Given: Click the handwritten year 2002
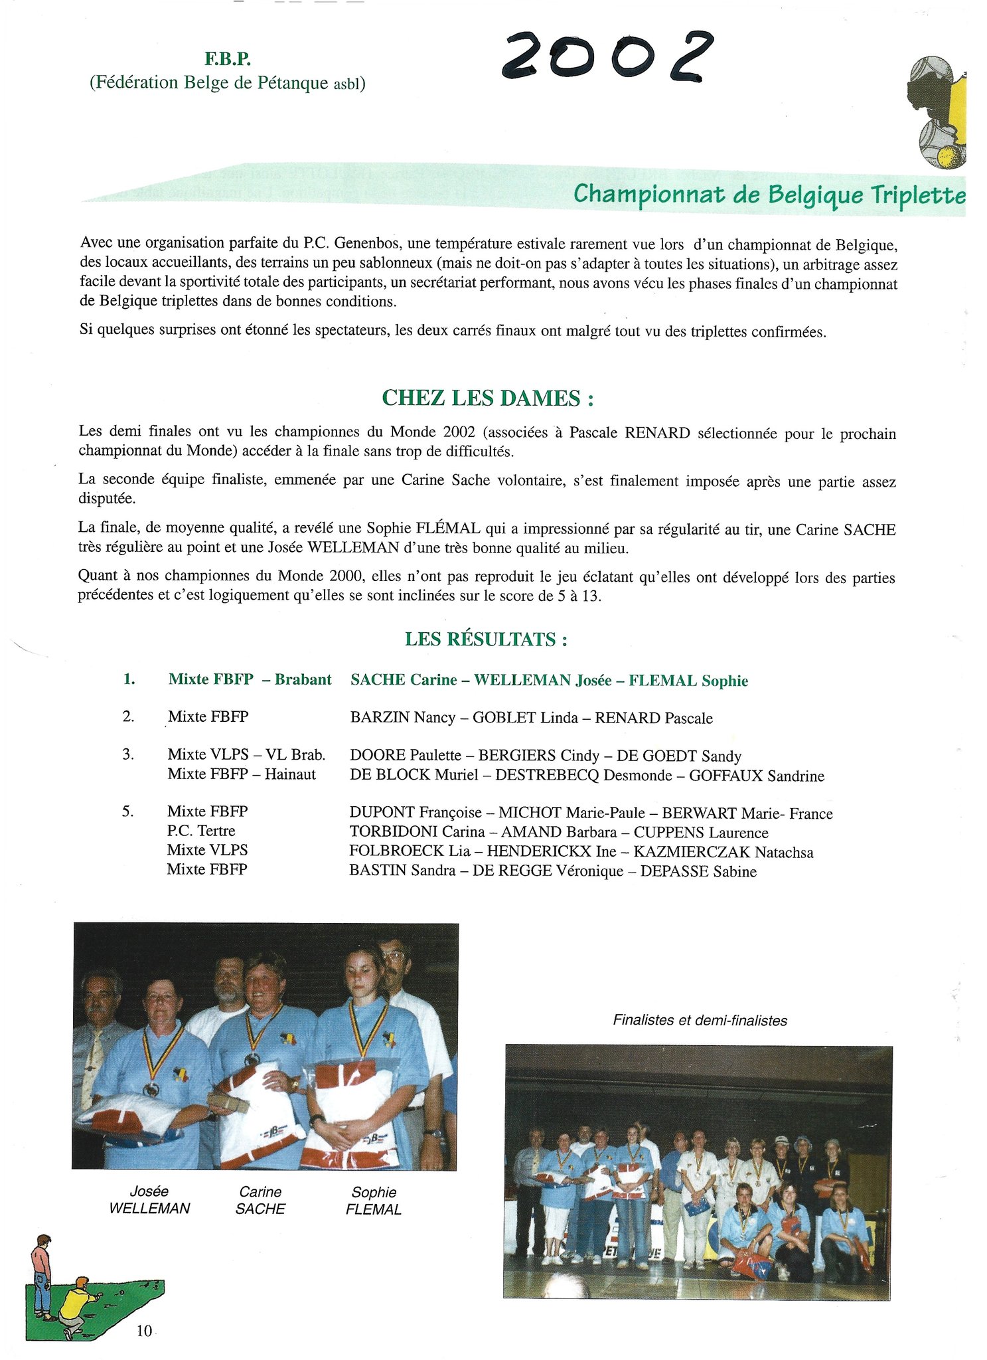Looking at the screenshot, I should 607,56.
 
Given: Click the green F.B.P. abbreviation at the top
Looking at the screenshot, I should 227,60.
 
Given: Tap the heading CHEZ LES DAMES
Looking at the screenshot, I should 487,398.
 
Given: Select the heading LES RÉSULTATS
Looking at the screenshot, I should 486,639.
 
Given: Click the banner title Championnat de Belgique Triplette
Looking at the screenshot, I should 769,195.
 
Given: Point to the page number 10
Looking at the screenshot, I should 144,1330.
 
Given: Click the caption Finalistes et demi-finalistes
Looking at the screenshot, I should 700,1021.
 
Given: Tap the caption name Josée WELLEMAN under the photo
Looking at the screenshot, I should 149,1200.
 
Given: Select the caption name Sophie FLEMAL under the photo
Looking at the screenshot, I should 374,1201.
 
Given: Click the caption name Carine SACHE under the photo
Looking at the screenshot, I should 260,1200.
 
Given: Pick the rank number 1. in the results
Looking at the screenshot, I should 129,679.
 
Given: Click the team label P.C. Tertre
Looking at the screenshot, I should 200,831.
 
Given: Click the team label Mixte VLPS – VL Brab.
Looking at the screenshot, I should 246,755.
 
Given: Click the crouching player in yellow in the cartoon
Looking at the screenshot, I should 75,1305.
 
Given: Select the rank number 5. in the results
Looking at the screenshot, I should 128,811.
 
